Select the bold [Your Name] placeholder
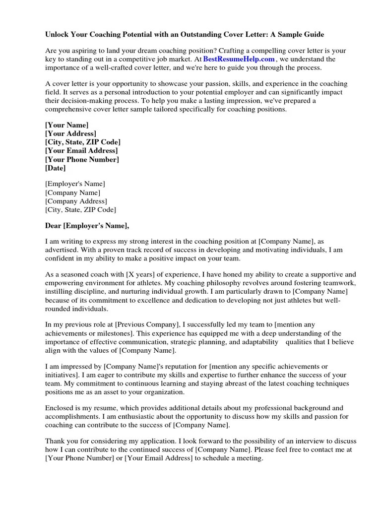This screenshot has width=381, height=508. [66, 126]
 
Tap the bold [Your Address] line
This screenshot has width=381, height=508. [70, 134]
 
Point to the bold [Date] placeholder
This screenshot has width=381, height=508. [55, 168]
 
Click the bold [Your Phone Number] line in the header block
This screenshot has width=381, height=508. [82, 159]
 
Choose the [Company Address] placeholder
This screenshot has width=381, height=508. [76, 201]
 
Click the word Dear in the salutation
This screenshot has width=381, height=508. [53, 226]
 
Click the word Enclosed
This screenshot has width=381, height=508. [60, 408]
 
